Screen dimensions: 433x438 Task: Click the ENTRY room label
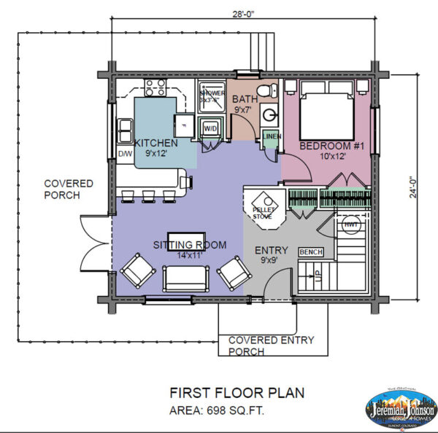(x=271, y=250)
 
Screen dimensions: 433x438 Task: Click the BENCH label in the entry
(x=310, y=251)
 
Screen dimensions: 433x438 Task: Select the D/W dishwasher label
(x=124, y=155)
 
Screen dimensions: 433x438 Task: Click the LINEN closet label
(x=271, y=137)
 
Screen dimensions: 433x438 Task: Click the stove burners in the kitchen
(x=154, y=88)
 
